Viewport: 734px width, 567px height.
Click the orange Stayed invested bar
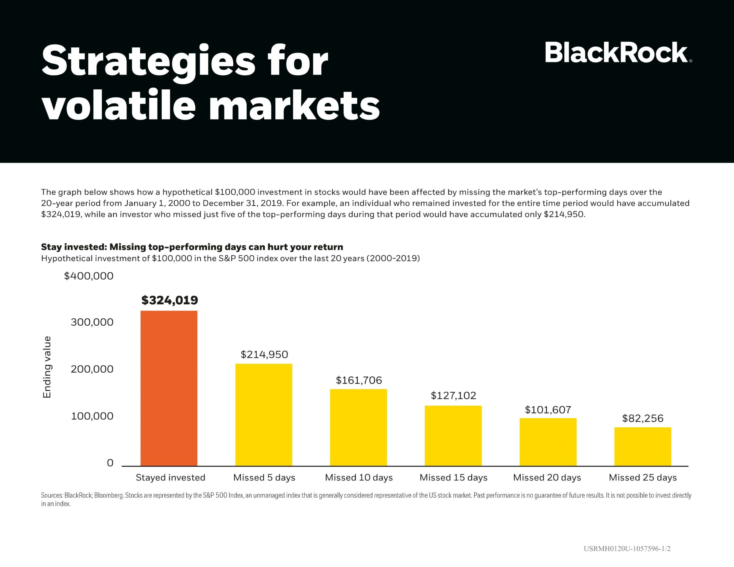tap(169, 388)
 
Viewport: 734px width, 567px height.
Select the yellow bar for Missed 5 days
tap(263, 415)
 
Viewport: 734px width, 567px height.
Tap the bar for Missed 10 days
tap(358, 427)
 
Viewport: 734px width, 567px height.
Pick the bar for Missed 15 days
tap(453, 436)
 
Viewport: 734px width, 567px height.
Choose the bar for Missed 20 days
tap(548, 442)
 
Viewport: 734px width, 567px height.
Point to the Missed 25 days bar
tap(643, 447)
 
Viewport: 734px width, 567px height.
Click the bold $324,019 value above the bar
tap(169, 300)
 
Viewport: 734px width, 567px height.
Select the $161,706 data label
tap(359, 380)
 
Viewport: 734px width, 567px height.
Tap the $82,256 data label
tap(643, 418)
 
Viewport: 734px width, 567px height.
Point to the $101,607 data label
tap(548, 409)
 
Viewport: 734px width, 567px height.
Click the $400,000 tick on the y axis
tap(89, 276)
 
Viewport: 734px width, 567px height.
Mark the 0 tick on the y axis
tap(110, 463)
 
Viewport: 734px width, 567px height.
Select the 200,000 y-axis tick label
tap(92, 369)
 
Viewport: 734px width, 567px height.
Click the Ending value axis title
tap(47, 367)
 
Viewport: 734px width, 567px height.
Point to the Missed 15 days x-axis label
tap(453, 478)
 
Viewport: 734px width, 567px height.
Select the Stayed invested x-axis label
tap(170, 478)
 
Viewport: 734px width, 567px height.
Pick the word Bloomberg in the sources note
tap(109, 495)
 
